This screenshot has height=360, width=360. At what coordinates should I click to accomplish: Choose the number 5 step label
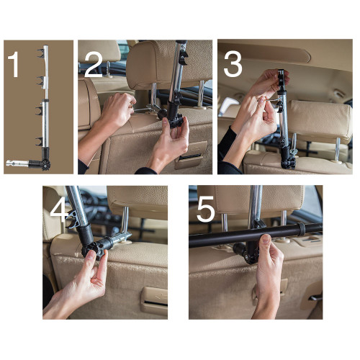coord(205,211)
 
